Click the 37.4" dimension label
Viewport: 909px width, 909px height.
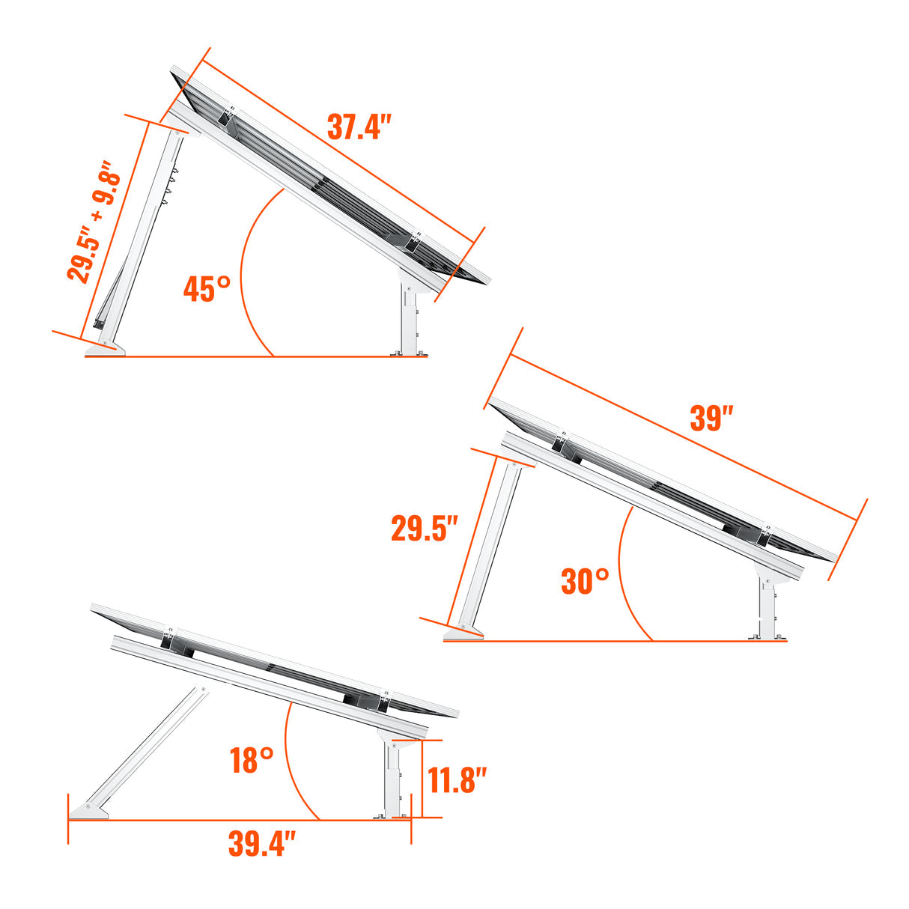(359, 127)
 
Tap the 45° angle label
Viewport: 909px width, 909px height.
(207, 289)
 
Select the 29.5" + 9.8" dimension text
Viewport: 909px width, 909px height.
(94, 222)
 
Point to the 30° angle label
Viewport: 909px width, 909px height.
(585, 581)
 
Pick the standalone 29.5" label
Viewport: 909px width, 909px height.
(424, 529)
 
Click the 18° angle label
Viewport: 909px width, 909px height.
(252, 761)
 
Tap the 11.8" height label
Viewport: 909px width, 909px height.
(457, 781)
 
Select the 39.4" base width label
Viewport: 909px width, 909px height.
(262, 845)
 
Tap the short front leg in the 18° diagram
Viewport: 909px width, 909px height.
(392, 779)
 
